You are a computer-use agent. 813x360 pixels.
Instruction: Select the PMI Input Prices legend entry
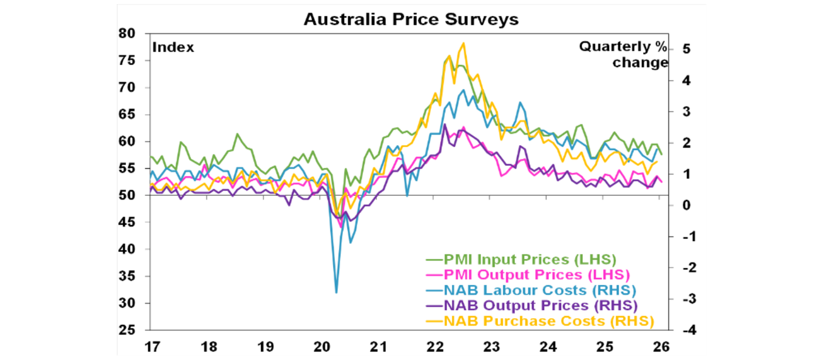[x=521, y=259]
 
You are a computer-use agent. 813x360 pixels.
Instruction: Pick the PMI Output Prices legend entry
[x=528, y=275]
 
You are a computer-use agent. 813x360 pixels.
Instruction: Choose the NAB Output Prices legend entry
[x=532, y=305]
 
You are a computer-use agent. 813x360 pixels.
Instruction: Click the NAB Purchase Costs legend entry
[x=540, y=321]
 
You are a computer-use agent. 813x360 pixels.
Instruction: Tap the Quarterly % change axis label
[x=624, y=55]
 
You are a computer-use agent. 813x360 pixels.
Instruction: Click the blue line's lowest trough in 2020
[x=336, y=292]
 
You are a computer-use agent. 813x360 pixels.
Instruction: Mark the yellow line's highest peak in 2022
[x=464, y=43]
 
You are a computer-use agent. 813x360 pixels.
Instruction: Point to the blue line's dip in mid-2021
[x=407, y=196]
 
